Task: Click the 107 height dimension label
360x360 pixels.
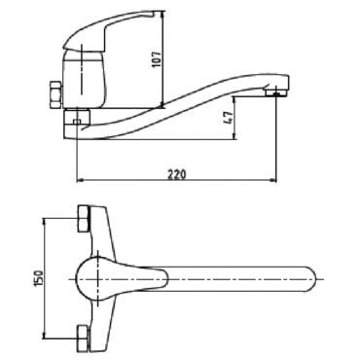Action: (x=157, y=58)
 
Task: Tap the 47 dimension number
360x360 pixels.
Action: (x=229, y=118)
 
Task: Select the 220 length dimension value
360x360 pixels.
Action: (x=177, y=174)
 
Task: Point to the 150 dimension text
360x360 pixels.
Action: (x=38, y=278)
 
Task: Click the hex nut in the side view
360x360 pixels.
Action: (x=55, y=95)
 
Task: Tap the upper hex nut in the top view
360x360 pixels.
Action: (x=84, y=218)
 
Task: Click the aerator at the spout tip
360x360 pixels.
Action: (x=275, y=93)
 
